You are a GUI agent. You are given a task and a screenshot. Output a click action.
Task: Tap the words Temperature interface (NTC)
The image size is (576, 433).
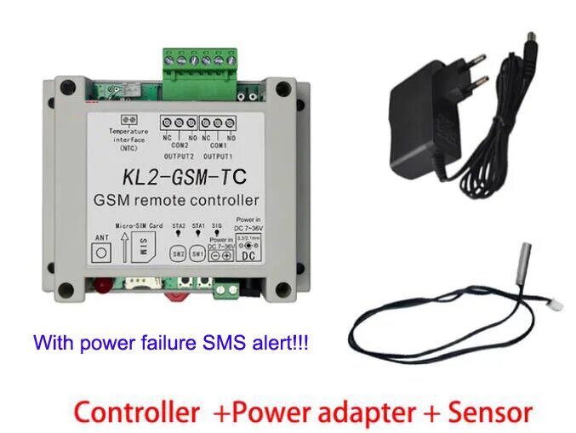tap(129, 139)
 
